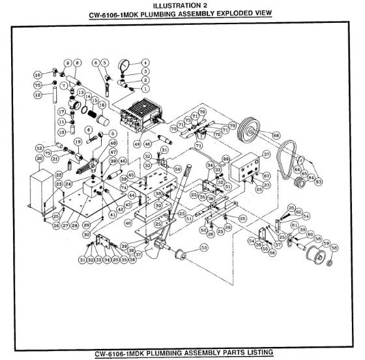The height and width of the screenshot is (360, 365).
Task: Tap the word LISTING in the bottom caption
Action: [252, 353]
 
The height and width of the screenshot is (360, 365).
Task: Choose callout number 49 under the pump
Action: [138, 143]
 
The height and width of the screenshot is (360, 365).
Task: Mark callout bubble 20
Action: [39, 158]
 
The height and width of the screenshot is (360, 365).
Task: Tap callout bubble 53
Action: [204, 247]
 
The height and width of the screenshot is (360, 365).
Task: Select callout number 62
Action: [299, 212]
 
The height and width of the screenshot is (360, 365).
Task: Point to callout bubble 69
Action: [227, 158]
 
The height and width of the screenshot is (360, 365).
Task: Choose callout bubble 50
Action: [177, 168]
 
